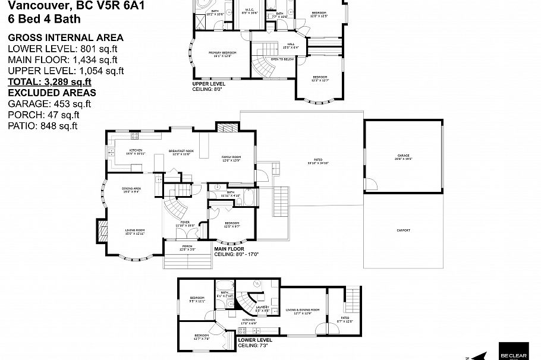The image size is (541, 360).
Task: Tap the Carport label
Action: click(404, 230)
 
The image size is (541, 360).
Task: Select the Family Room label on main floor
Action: click(232, 158)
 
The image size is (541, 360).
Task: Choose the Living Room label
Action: click(135, 232)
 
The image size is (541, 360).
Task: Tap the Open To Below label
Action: click(282, 59)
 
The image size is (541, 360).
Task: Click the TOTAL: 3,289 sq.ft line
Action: click(49, 82)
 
